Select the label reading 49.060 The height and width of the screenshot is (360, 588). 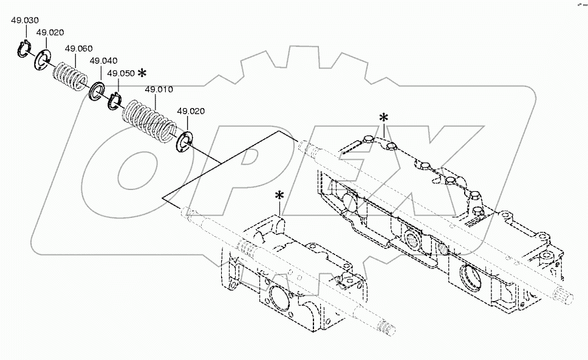coord(78,49)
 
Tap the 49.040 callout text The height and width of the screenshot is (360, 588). coord(103,61)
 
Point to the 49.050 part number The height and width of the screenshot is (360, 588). coord(120,73)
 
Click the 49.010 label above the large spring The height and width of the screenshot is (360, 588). coord(159,90)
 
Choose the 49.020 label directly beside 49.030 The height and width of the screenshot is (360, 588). coord(50,32)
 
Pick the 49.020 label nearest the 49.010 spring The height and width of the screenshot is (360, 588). coord(190,111)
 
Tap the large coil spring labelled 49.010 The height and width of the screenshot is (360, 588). coord(148,118)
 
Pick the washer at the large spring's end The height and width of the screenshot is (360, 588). coord(185,141)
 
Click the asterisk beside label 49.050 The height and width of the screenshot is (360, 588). coord(142,73)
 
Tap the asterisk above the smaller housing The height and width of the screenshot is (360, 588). coord(279,195)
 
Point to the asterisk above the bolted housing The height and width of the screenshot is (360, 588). coord(383,117)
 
